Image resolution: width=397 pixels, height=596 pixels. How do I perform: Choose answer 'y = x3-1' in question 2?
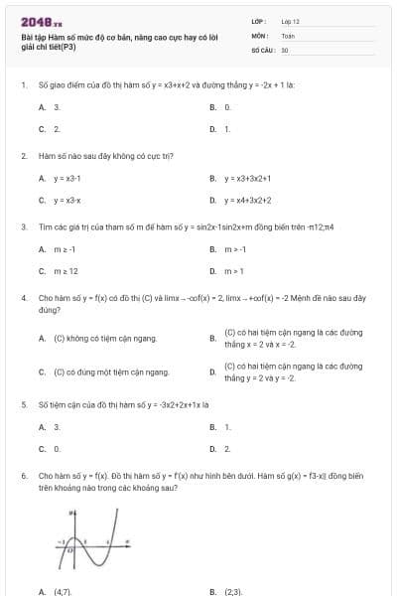(66, 179)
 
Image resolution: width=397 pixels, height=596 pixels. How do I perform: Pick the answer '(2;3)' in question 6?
(232, 591)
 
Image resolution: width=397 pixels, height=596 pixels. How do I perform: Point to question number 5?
(23, 405)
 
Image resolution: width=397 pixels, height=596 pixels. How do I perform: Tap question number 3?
(23, 226)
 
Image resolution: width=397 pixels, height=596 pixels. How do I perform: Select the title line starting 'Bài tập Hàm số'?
(104, 37)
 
